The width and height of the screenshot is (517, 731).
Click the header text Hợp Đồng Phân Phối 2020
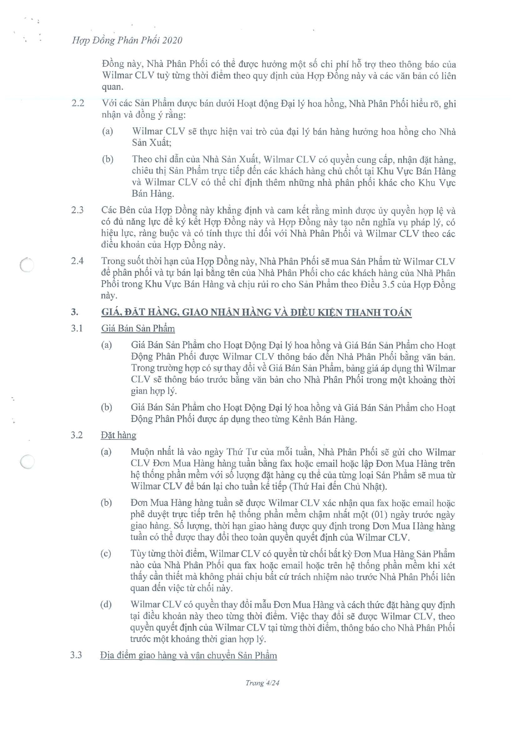(x=127, y=40)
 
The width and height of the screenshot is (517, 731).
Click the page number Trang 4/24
(x=262, y=683)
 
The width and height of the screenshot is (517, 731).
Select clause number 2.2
(x=78, y=103)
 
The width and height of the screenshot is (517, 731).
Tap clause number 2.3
(x=77, y=210)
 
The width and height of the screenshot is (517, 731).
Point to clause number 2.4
(x=77, y=261)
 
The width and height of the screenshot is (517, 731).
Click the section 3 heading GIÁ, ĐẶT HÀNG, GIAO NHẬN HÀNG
(x=256, y=312)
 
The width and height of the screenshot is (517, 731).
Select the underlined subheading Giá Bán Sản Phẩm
(x=138, y=328)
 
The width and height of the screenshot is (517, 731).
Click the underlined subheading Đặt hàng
(x=118, y=435)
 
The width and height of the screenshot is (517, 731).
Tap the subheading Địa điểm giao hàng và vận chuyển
(x=188, y=655)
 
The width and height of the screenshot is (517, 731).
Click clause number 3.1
(x=77, y=328)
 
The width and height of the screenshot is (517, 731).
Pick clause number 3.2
(x=77, y=435)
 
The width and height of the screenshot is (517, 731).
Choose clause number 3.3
(x=76, y=655)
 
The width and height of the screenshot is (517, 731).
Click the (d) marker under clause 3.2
(x=106, y=604)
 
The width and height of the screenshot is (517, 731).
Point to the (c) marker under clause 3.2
(x=106, y=554)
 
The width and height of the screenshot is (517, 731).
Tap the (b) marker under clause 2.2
(x=107, y=159)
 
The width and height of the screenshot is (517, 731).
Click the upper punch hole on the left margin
(x=27, y=265)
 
